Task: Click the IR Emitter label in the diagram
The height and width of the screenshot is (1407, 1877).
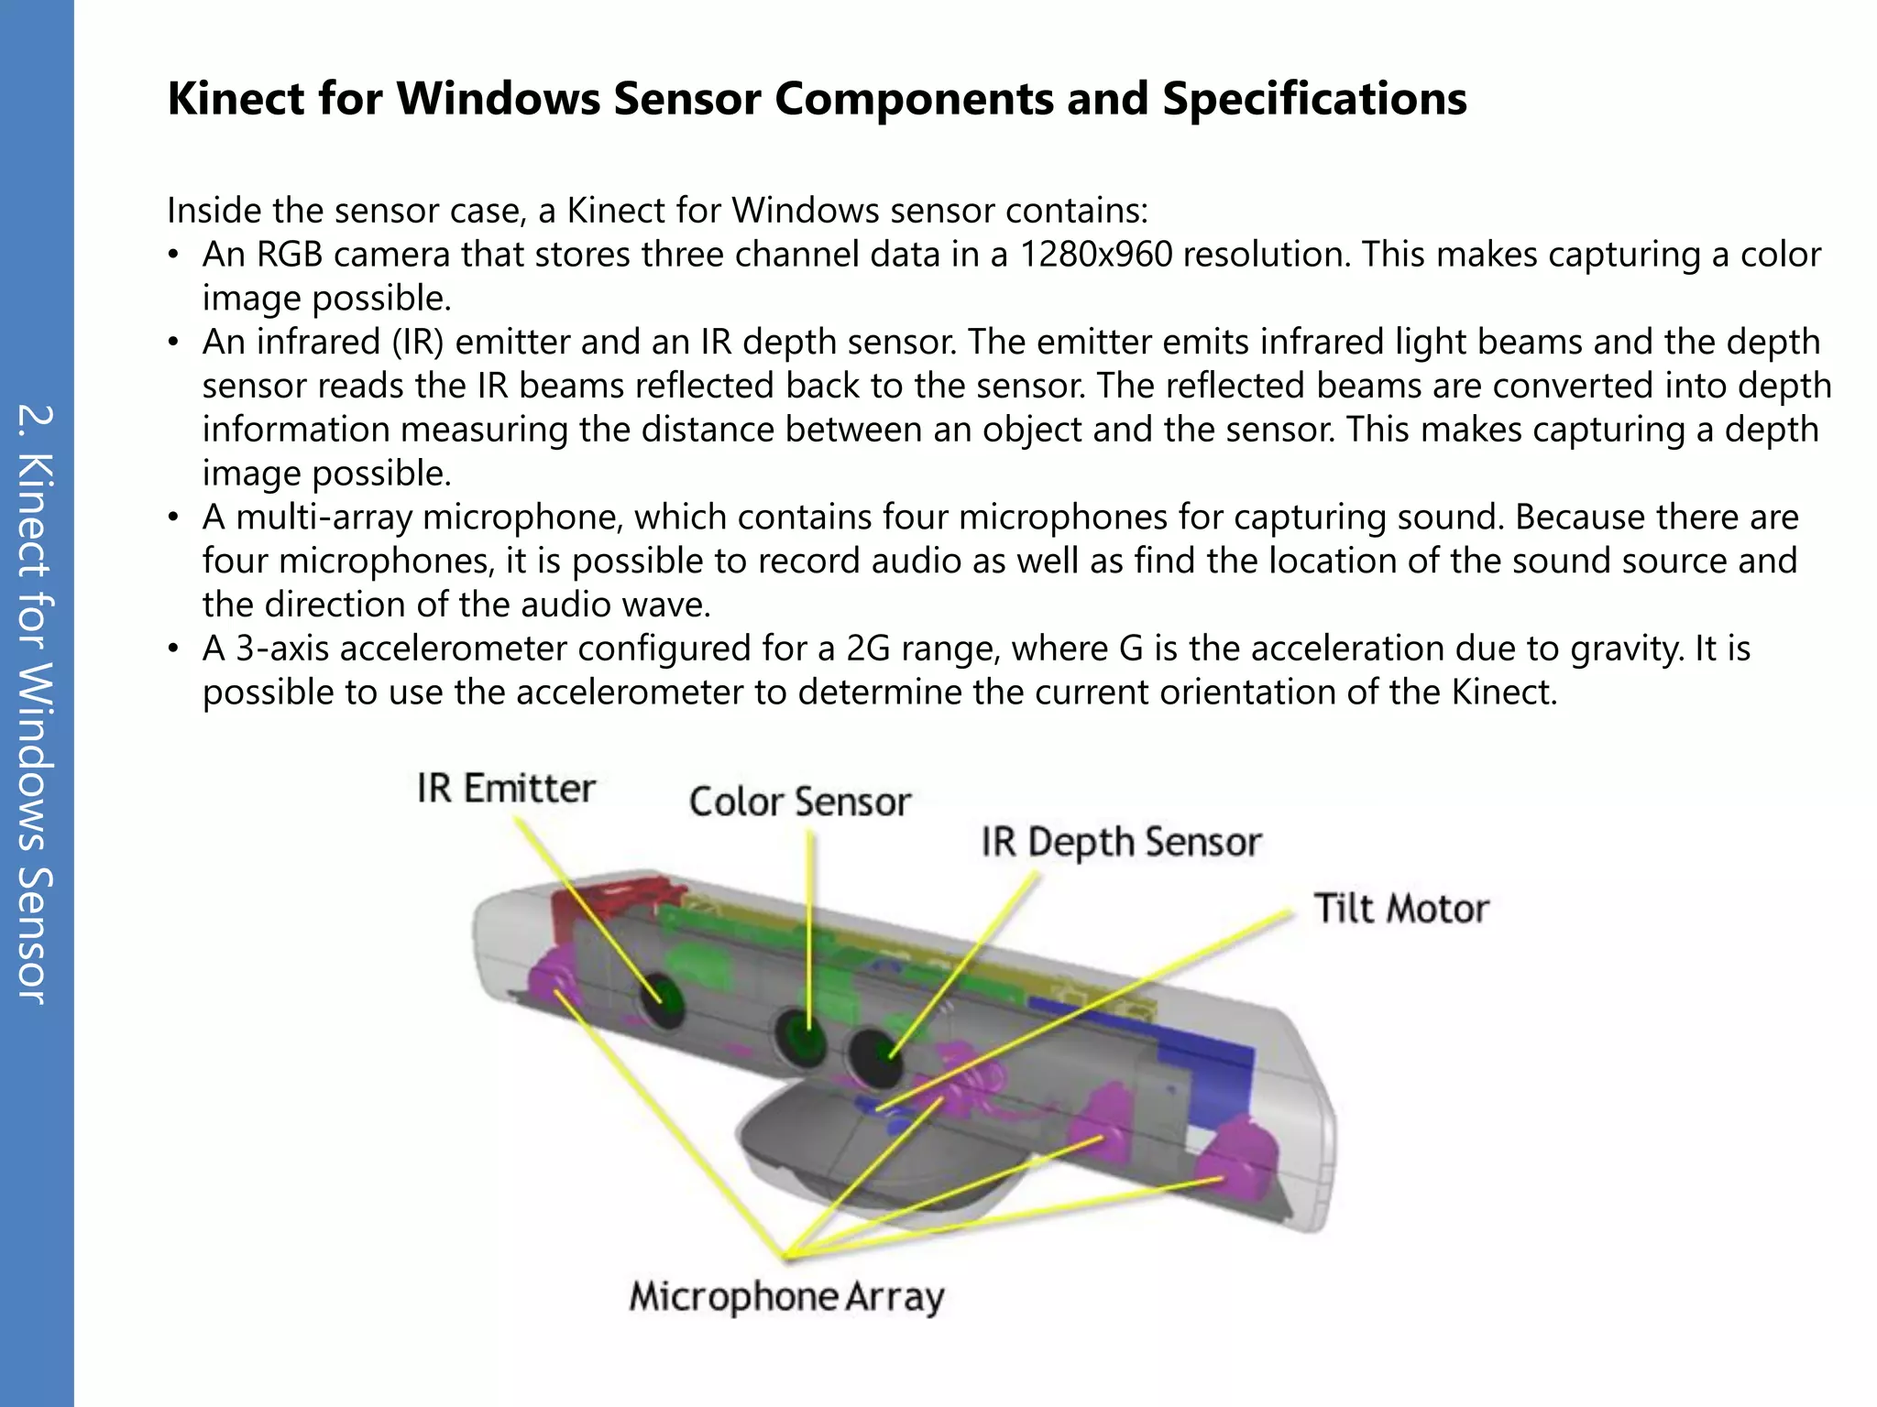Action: (506, 789)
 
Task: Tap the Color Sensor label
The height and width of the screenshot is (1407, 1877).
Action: (799, 802)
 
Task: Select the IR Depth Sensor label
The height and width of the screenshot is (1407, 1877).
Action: (1121, 842)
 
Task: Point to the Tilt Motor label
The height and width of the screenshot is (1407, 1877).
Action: (1400, 909)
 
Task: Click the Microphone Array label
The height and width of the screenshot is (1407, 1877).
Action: (786, 1297)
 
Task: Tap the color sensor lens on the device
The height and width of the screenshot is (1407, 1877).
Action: (800, 1037)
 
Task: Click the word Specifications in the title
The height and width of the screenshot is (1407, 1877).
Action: (1314, 99)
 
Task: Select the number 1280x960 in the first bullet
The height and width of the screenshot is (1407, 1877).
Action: (1095, 255)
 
